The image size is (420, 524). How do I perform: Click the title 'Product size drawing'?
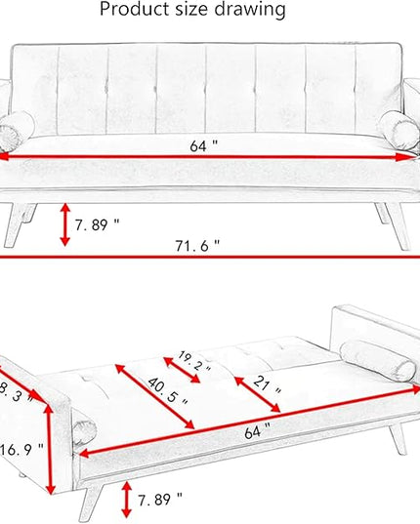(x=192, y=9)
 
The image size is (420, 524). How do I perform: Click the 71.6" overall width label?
(x=197, y=246)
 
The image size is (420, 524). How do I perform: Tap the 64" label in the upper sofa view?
(x=203, y=145)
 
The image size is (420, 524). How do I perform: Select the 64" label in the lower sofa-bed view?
(x=257, y=431)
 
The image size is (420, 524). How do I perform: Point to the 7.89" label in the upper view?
(x=97, y=224)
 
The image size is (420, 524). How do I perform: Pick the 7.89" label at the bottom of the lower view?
(x=160, y=500)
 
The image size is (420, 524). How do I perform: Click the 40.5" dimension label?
(x=167, y=391)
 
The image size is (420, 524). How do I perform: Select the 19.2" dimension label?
(x=194, y=361)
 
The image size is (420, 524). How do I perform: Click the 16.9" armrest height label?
(x=21, y=450)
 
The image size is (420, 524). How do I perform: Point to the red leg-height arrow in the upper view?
(x=64, y=224)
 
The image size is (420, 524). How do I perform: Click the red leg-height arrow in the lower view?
(x=126, y=500)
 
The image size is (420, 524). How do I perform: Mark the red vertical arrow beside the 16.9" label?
(x=50, y=449)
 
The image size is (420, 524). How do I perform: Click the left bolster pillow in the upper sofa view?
(x=16, y=131)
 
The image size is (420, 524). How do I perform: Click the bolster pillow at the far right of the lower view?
(x=377, y=361)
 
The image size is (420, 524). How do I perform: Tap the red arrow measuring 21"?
(x=257, y=394)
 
